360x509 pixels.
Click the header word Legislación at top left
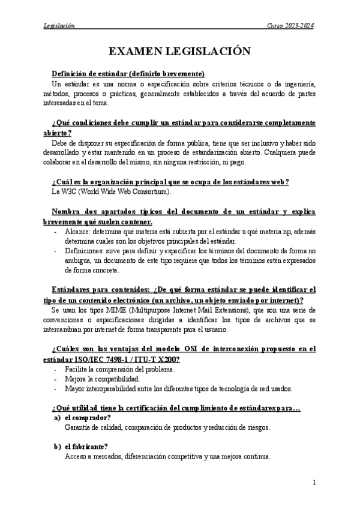click(x=59, y=26)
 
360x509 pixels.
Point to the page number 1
click(x=314, y=482)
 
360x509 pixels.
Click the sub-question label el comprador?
click(x=89, y=418)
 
